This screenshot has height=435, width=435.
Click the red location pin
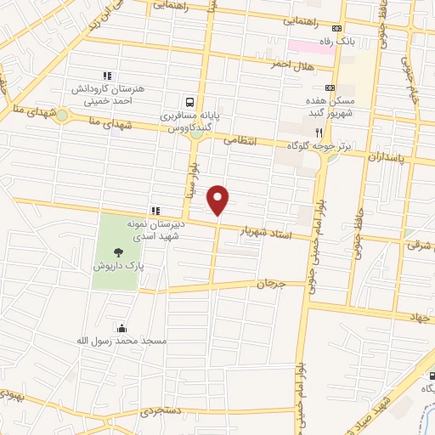click(219, 201)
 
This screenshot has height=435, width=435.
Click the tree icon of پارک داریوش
click(117, 251)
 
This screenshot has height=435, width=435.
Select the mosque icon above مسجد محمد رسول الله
click(122, 328)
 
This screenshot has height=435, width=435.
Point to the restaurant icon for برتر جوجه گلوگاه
click(319, 133)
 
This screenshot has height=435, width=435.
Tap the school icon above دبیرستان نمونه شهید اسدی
click(155, 210)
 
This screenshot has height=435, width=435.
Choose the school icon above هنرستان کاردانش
click(107, 76)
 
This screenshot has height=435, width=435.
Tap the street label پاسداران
click(392, 159)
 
